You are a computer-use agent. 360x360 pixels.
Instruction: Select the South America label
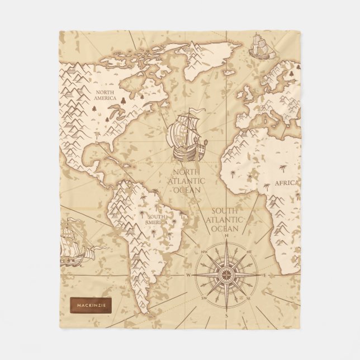(156, 219)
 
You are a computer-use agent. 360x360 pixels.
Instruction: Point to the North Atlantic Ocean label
(188, 181)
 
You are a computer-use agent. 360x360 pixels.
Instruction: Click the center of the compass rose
(227, 274)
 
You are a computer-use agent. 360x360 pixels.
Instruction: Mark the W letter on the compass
(190, 275)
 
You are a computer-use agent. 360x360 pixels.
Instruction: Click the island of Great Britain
(246, 92)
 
